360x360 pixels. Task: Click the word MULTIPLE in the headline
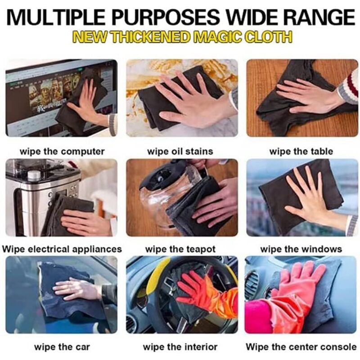pyautogui.click(x=56, y=17)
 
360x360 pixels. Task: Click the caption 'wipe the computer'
pyautogui.click(x=62, y=152)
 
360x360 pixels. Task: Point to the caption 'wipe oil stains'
pyautogui.click(x=180, y=152)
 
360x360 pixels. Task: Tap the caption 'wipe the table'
pyautogui.click(x=301, y=152)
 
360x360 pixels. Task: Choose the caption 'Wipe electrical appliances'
pyautogui.click(x=62, y=249)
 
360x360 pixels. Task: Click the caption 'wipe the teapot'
pyautogui.click(x=180, y=249)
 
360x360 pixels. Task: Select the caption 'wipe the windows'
pyautogui.click(x=301, y=249)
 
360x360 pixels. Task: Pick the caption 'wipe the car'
pyautogui.click(x=62, y=346)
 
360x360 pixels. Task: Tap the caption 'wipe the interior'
pyautogui.click(x=180, y=346)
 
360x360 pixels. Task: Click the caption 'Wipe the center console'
pyautogui.click(x=301, y=346)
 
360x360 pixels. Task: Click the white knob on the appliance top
pyautogui.click(x=34, y=175)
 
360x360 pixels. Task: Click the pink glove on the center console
pyautogui.click(x=296, y=287)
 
